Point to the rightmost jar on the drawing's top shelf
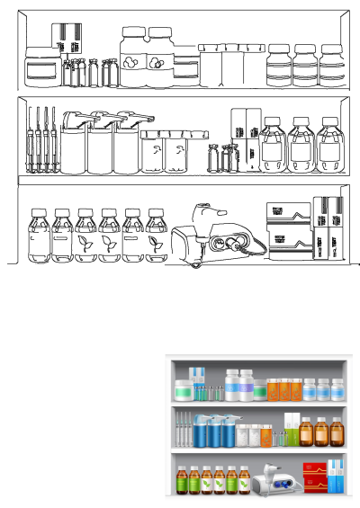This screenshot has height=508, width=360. (331, 65)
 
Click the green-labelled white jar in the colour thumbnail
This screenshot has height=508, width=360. (184, 390)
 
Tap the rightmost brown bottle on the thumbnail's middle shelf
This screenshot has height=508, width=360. (337, 432)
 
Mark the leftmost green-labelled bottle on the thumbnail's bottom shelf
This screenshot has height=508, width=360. (183, 480)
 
